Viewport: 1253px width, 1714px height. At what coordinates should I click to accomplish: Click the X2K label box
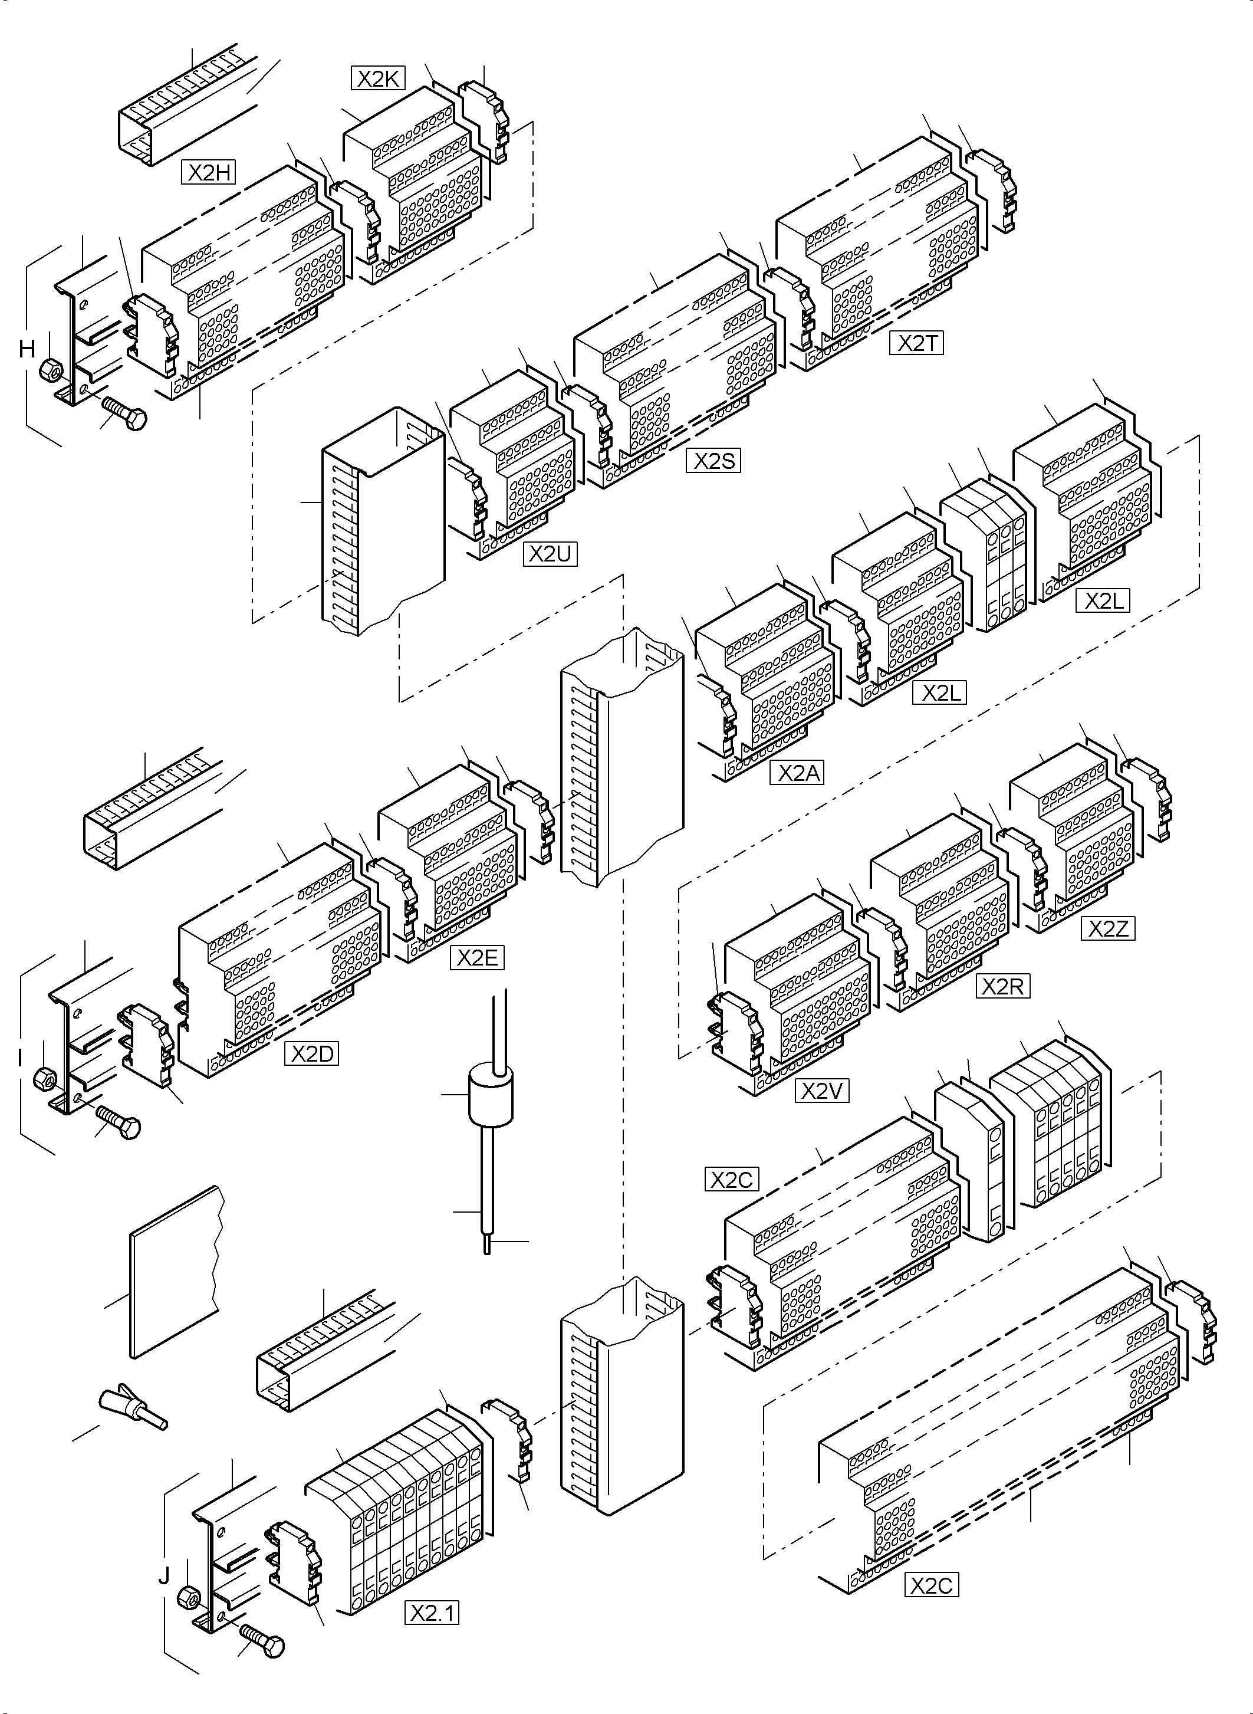[378, 79]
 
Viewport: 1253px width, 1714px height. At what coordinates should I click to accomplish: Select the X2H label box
[209, 173]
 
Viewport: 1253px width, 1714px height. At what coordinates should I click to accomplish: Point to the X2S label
[713, 461]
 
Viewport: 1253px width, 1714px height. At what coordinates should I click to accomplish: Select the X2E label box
[477, 957]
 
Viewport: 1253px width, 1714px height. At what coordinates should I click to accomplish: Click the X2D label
[312, 1054]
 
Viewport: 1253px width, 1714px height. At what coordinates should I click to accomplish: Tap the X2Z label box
[1108, 929]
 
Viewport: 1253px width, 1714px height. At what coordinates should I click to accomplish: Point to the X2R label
[1003, 986]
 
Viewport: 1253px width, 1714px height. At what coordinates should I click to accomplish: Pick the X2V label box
[821, 1091]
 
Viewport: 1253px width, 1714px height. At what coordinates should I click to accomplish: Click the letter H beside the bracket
[27, 349]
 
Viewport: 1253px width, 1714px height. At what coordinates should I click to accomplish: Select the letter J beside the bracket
[164, 1576]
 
